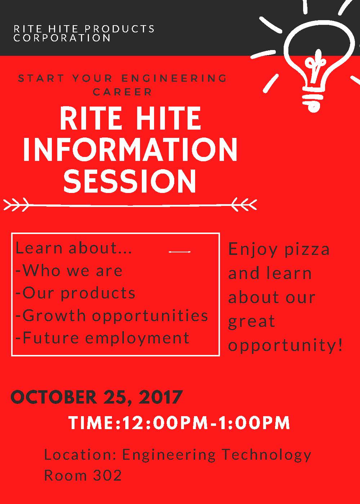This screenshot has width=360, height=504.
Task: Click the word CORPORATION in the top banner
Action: (62, 38)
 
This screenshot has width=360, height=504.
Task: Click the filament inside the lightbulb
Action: (316, 68)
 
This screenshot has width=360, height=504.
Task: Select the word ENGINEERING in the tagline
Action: (174, 78)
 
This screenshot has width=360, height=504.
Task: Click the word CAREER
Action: (122, 92)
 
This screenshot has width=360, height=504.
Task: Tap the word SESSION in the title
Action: (130, 181)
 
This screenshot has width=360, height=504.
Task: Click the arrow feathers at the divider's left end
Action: (16, 204)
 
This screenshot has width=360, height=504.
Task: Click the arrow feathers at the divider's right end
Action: (244, 204)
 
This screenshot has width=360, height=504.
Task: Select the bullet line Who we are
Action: (69, 270)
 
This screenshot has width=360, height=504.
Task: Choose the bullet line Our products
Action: (75, 293)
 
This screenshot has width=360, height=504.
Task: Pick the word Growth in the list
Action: (54, 315)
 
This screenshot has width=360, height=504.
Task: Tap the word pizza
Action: (307, 250)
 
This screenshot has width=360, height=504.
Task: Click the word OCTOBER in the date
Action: (54, 397)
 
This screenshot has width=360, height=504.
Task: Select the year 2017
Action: (160, 397)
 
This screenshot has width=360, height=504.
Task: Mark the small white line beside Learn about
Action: (180, 252)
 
